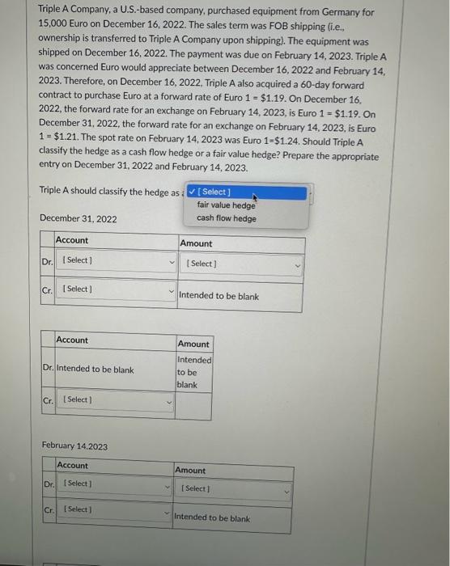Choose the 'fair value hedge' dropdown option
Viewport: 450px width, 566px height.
tap(226, 205)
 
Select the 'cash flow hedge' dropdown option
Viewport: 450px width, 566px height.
tap(226, 218)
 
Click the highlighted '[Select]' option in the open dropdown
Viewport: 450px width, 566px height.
tap(246, 192)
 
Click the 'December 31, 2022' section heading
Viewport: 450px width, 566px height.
tap(78, 219)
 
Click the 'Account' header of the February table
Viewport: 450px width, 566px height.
tap(73, 465)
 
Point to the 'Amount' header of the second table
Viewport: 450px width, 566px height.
tap(193, 344)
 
